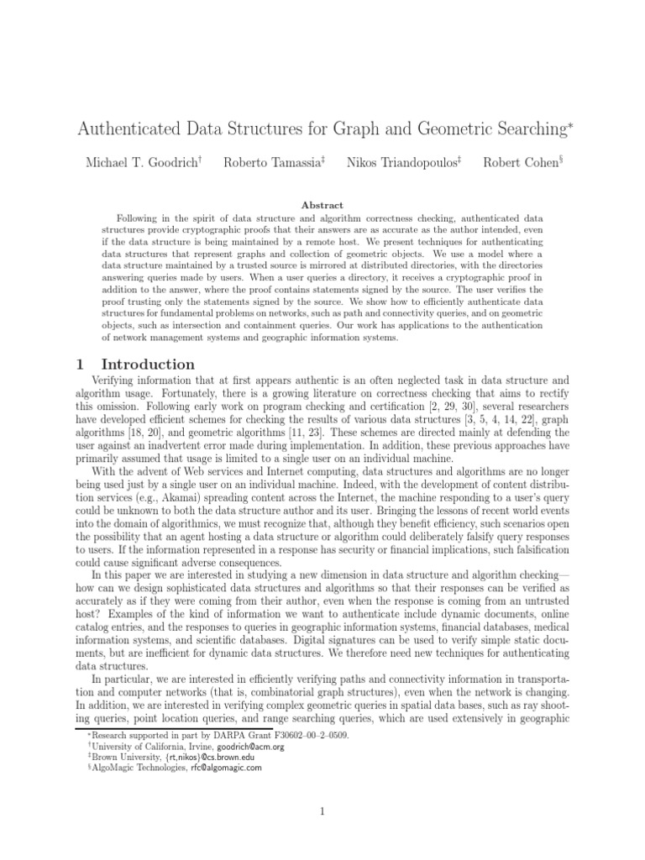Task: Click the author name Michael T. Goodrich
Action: [141, 162]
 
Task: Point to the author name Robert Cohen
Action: [518, 162]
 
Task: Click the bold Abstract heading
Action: [322, 205]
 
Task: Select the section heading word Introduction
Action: [148, 364]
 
